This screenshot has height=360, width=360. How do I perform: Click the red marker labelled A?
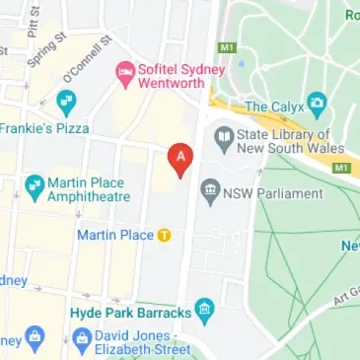pos(180,159)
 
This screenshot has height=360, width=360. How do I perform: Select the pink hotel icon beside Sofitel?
pos(124,71)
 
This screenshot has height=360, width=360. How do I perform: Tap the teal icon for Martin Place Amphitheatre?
pos(35,183)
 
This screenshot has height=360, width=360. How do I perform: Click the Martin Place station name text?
pos(115,235)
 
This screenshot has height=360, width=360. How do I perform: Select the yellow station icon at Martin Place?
pos(165,235)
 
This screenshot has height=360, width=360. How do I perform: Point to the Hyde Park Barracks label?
pos(131,312)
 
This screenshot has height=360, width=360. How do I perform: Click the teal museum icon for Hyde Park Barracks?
pos(204,312)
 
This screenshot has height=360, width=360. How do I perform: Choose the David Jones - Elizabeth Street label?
pos(144,342)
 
